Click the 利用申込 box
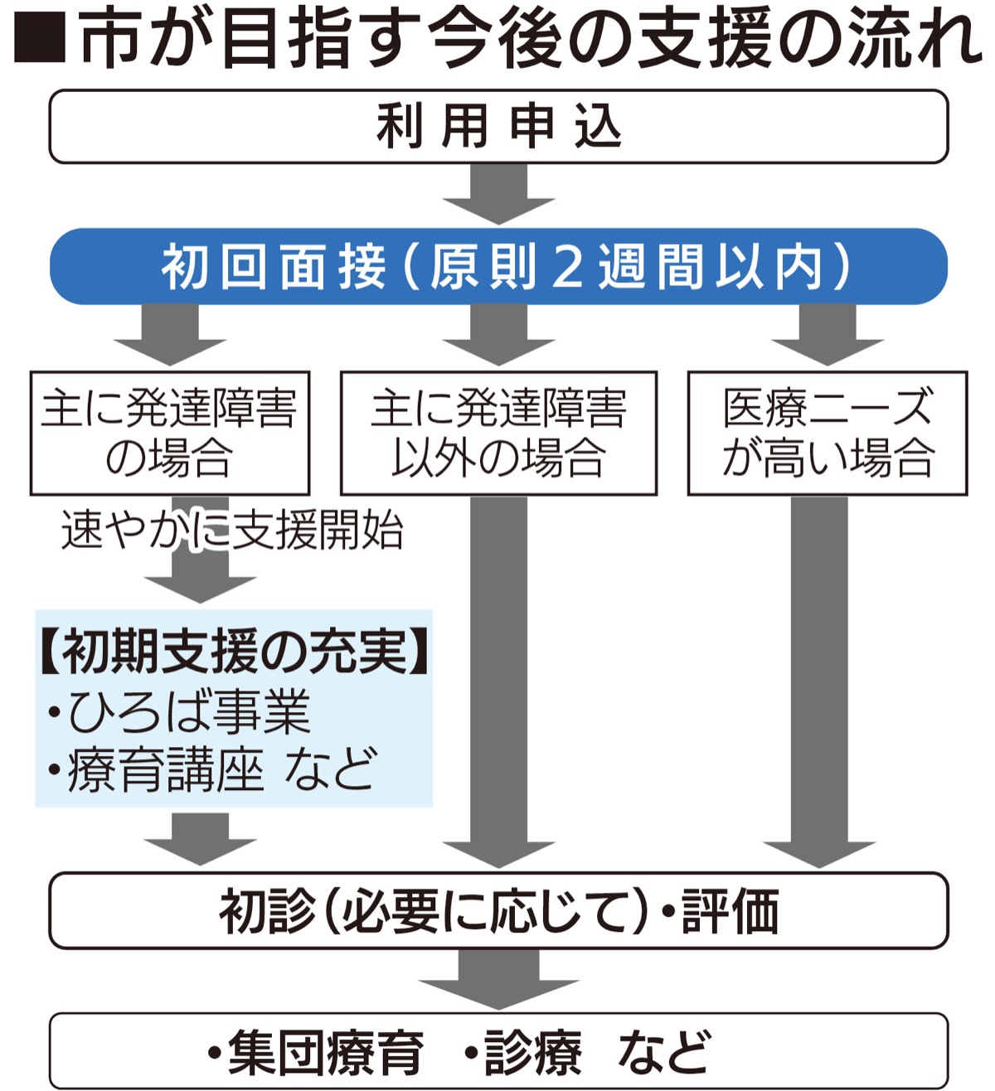pos(498,127)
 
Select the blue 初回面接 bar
pos(498,267)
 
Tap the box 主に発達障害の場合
pos(169,433)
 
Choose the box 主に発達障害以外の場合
pos(498,433)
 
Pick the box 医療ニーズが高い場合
pos(827,433)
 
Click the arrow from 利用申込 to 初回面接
pos(498,195)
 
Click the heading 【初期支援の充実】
pos(234,652)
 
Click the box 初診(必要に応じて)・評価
pos(498,910)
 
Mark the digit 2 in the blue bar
pos(568,267)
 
